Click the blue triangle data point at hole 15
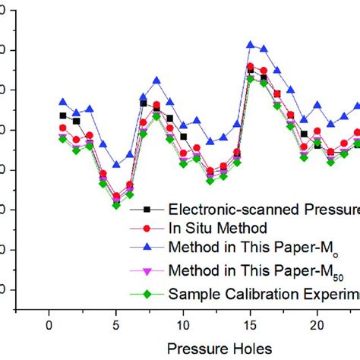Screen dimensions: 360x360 (251, 44)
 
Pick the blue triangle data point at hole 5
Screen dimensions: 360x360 (116, 164)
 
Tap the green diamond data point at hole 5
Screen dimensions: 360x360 (116, 205)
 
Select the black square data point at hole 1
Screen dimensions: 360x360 (63, 115)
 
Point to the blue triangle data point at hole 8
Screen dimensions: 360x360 (156, 80)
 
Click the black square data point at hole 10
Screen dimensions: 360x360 (183, 137)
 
